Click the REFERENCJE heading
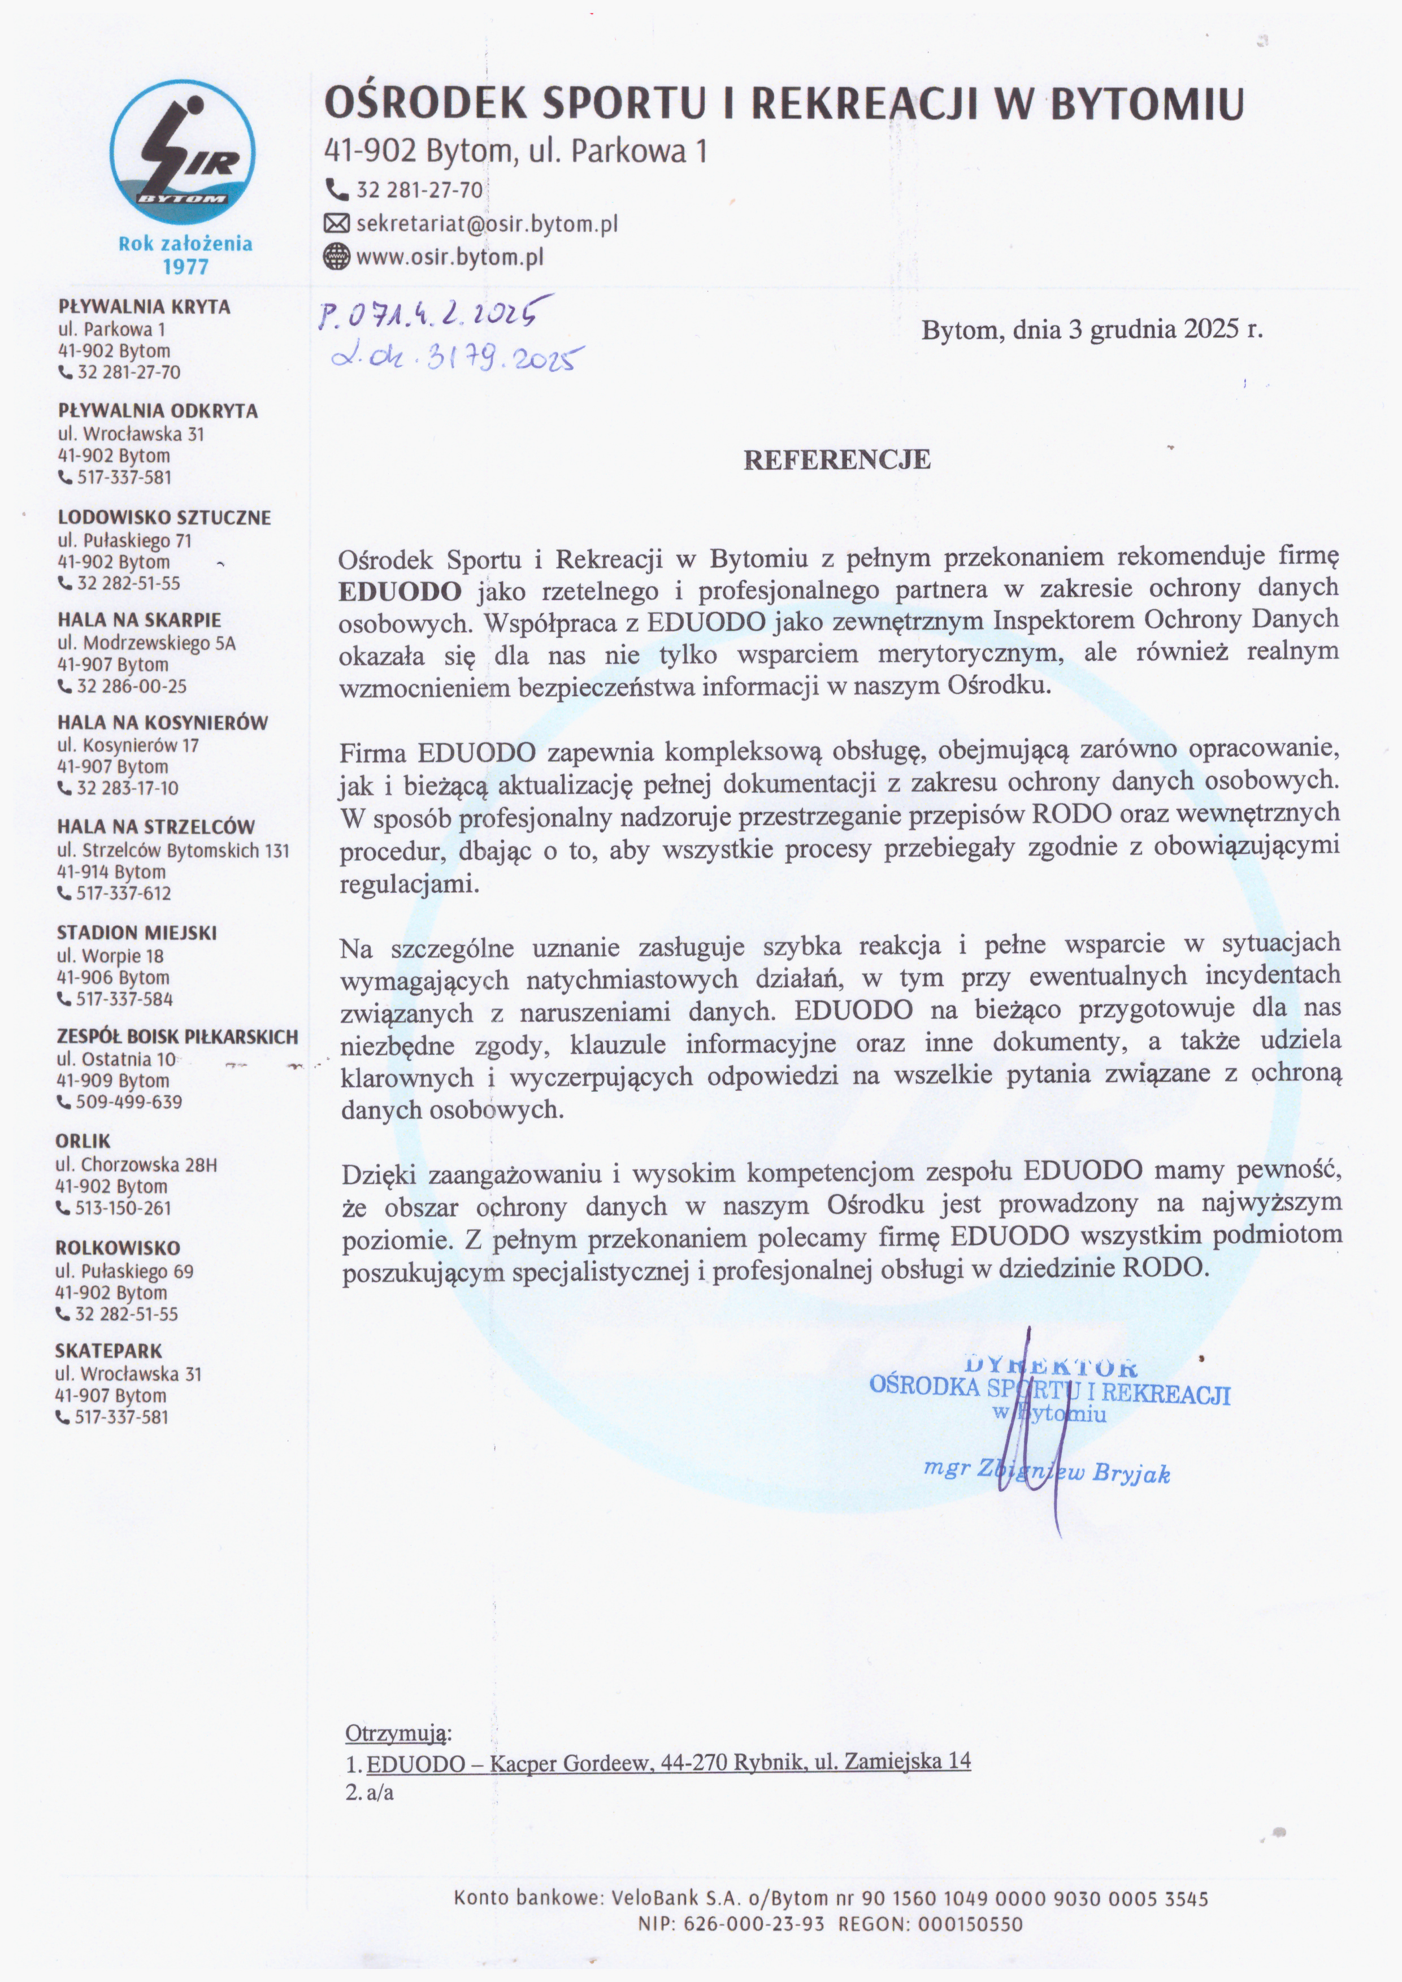(836, 459)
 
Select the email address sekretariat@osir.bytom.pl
(487, 224)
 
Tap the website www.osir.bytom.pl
(449, 257)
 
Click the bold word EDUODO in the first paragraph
(400, 591)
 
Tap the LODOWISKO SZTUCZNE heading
(164, 517)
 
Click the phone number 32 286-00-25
(131, 686)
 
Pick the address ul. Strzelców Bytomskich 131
(173, 851)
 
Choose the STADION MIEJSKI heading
(136, 933)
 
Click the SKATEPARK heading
(108, 1350)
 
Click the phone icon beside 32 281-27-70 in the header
(335, 189)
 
